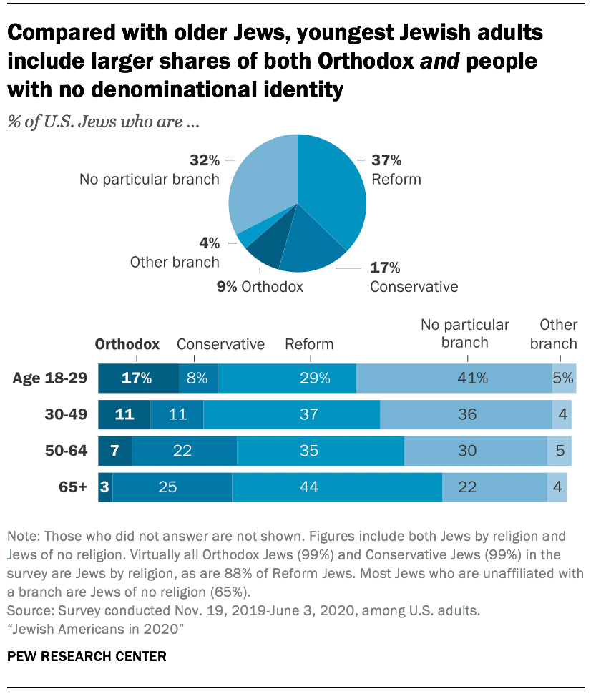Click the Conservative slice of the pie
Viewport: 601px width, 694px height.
pyautogui.click(x=308, y=247)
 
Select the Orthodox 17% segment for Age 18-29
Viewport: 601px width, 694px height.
pyautogui.click(x=137, y=378)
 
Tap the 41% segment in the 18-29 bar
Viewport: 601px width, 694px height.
pyautogui.click(x=454, y=378)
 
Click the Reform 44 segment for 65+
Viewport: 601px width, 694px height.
pyautogui.click(x=336, y=487)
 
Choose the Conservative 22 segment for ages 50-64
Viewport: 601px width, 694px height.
pyautogui.click(x=184, y=451)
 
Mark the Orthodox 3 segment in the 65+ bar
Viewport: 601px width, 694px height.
pyautogui.click(x=105, y=487)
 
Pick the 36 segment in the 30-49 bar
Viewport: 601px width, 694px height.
pyautogui.click(x=465, y=415)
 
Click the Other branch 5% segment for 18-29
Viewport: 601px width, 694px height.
pyautogui.click(x=563, y=378)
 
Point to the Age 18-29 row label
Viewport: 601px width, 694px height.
pyautogui.click(x=50, y=378)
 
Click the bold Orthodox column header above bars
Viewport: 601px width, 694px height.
pyautogui.click(x=127, y=344)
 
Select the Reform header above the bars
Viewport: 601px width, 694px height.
pyautogui.click(x=309, y=344)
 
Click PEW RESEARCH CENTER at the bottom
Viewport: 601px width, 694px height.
pyautogui.click(x=87, y=655)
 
